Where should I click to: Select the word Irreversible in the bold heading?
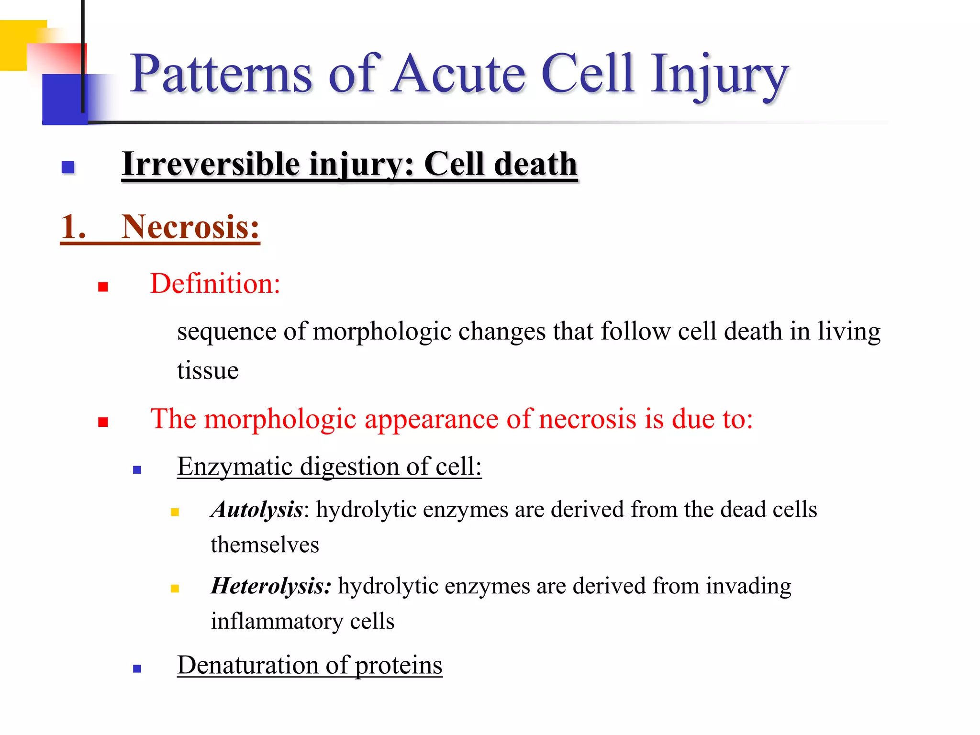(x=211, y=164)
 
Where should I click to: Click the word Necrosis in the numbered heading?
(x=190, y=227)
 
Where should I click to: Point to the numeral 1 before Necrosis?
(x=73, y=227)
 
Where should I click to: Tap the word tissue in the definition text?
(x=208, y=370)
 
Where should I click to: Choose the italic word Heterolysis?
(x=270, y=586)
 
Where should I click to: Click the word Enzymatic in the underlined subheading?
(x=235, y=466)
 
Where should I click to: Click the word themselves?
(x=265, y=545)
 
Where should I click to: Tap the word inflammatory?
(x=277, y=621)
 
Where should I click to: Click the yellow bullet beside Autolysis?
(x=175, y=512)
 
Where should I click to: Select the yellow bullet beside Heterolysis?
(x=175, y=589)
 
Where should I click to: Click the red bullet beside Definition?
(x=103, y=287)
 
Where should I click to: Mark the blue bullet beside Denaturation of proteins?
(x=137, y=669)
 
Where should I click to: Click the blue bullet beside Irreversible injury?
(x=68, y=167)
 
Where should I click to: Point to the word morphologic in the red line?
(x=280, y=419)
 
